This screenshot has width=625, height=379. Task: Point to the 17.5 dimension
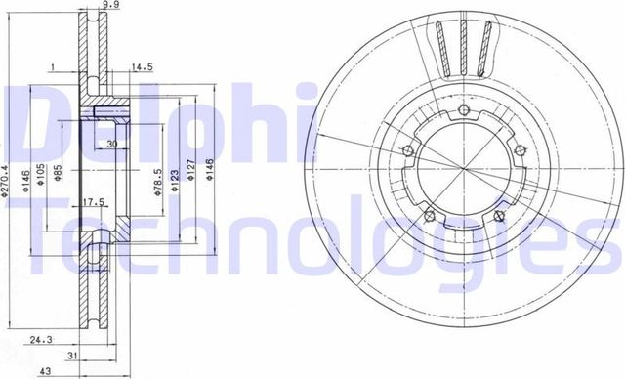pyautogui.click(x=94, y=202)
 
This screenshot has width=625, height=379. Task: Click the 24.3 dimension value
pyautogui.click(x=39, y=340)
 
